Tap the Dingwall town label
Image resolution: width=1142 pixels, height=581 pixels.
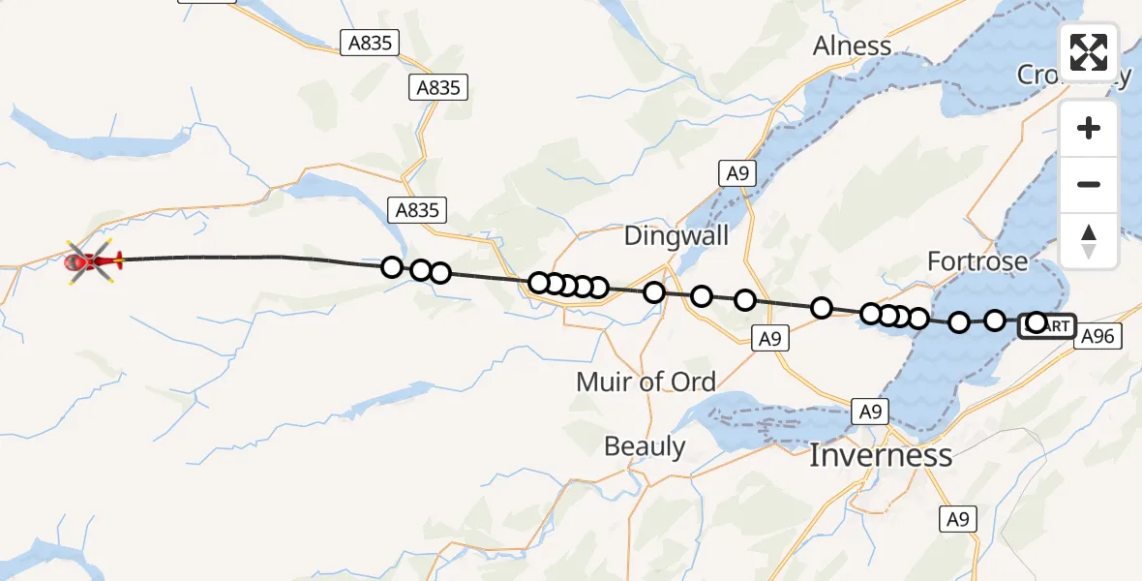click(x=676, y=235)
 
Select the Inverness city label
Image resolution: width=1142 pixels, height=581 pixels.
click(x=880, y=454)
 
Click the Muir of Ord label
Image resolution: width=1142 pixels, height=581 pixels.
click(x=646, y=382)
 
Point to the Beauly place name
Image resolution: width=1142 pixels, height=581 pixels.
click(x=645, y=446)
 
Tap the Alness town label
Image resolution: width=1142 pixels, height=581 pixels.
click(x=852, y=46)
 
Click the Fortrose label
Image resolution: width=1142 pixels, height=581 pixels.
click(x=977, y=260)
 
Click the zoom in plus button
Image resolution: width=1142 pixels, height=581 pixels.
click(x=1089, y=128)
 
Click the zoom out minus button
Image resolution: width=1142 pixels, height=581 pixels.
click(x=1089, y=184)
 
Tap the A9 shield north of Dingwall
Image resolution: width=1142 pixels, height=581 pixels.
click(x=737, y=173)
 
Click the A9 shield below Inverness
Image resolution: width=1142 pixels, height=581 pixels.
click(x=957, y=519)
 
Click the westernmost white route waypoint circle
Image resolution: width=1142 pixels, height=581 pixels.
click(x=391, y=266)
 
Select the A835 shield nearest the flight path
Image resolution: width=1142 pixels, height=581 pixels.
click(x=417, y=209)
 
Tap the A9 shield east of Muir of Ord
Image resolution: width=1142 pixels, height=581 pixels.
click(x=769, y=338)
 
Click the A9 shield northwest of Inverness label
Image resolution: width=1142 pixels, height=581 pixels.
click(x=870, y=411)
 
